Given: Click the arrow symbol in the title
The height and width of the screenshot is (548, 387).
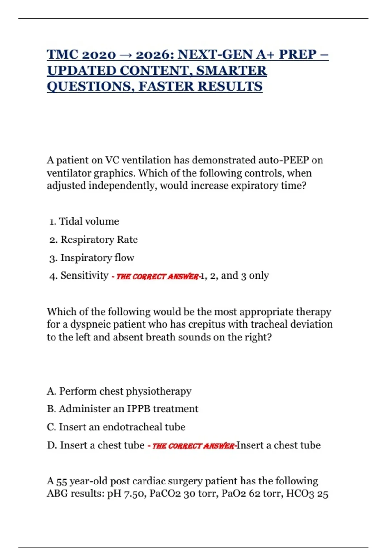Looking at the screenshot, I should (x=126, y=55).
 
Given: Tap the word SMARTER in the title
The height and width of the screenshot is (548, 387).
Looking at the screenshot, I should (x=231, y=71).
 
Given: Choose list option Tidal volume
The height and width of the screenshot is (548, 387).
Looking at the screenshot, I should (x=89, y=221).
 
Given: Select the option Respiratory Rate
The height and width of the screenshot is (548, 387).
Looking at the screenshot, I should (x=99, y=240).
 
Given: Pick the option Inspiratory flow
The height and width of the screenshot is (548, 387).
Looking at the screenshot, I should (x=97, y=258).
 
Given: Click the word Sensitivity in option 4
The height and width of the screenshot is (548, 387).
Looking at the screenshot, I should (x=84, y=275).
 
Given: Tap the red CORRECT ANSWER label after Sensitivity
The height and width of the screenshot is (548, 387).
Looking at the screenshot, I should (x=157, y=277).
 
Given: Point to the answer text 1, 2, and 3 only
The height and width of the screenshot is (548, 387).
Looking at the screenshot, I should (x=235, y=276).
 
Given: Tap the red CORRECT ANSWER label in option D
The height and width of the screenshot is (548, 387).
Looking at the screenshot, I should (x=193, y=446).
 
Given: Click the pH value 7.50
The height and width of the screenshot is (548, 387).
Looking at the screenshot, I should (x=135, y=494).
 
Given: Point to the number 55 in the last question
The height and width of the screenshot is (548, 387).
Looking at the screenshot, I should (x=62, y=481).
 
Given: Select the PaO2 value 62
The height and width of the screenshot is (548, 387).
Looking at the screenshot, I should (x=254, y=494).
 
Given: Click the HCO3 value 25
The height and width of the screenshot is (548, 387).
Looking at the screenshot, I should (x=322, y=494).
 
